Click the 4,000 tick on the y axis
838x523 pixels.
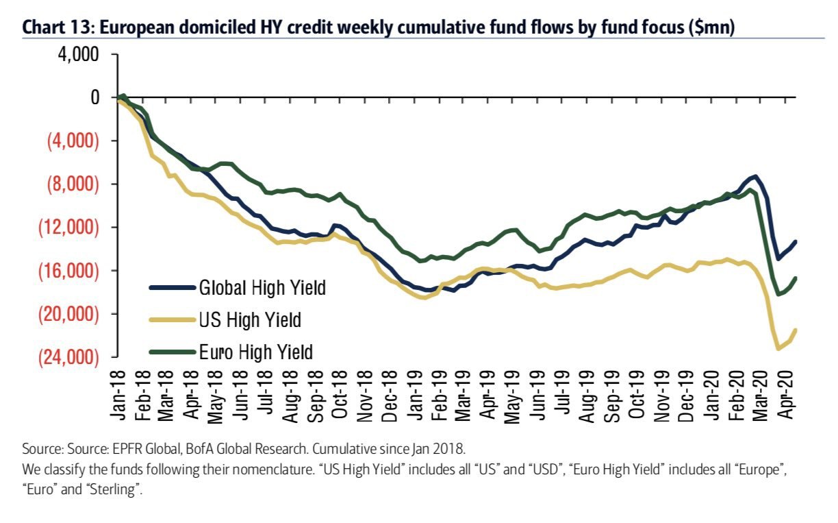(81, 54)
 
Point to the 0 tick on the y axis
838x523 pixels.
(94, 97)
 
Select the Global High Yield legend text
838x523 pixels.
(262, 287)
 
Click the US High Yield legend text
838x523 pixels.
(250, 319)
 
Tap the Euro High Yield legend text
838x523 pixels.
(255, 352)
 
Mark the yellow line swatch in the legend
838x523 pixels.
(171, 319)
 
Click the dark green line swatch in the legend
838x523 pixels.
(171, 352)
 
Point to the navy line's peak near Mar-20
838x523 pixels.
(754, 177)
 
